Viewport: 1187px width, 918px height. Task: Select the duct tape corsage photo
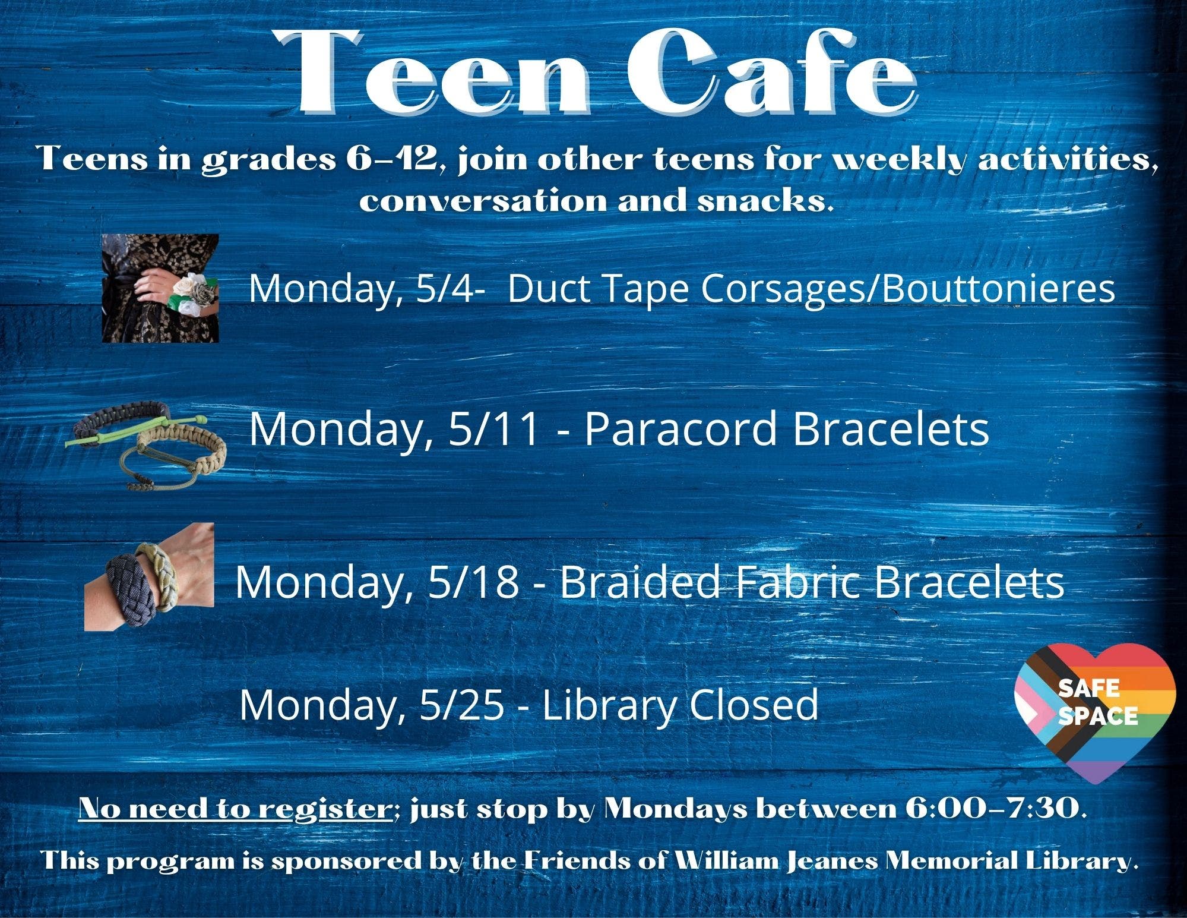(x=160, y=288)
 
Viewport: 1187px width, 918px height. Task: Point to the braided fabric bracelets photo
(x=149, y=576)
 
